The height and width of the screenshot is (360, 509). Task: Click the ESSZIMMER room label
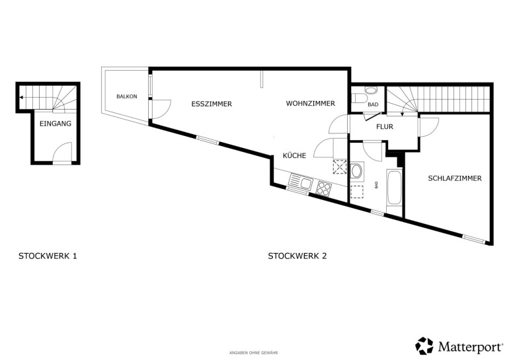click(x=212, y=104)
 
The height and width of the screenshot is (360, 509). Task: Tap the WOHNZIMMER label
click(x=310, y=104)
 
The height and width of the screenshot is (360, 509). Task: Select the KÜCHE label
click(x=294, y=156)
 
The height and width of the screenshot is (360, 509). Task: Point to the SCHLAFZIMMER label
click(x=455, y=178)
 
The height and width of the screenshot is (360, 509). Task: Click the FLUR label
click(x=385, y=126)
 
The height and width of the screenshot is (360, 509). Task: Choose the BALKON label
click(x=127, y=96)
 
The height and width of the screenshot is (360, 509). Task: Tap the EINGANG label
click(x=56, y=124)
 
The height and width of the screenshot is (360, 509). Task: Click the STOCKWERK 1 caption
click(x=48, y=256)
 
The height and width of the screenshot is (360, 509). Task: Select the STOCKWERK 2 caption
click(x=297, y=256)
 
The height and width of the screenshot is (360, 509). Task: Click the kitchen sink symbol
click(x=301, y=182)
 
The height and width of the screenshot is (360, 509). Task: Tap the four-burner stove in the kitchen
click(x=324, y=188)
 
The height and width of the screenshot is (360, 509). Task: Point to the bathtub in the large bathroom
click(x=394, y=187)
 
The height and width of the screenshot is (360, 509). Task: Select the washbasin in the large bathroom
click(x=356, y=171)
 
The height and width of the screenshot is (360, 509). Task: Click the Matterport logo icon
click(x=424, y=345)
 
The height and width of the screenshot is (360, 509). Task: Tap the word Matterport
click(x=470, y=346)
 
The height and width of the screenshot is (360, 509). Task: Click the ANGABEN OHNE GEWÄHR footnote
click(x=254, y=353)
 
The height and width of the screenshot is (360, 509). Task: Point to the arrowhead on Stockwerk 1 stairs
click(x=21, y=97)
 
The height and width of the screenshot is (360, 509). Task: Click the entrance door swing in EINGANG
click(x=63, y=152)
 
